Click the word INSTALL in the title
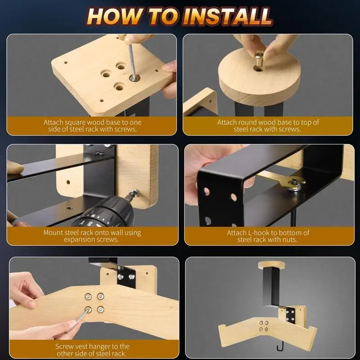[x=227, y=16]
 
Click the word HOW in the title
[x=115, y=16]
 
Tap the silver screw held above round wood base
[x=259, y=58]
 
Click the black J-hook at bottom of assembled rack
[x=280, y=346]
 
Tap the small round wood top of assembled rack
[x=272, y=265]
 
